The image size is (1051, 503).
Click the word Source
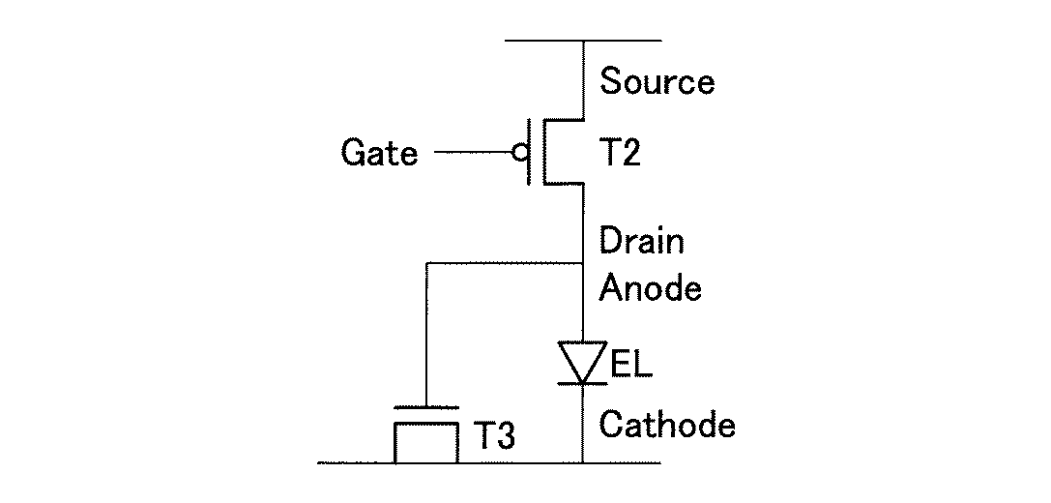(657, 81)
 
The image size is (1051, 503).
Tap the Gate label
(379, 153)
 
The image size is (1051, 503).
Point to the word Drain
(641, 241)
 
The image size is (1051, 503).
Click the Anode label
(650, 288)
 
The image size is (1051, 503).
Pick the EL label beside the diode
(630, 367)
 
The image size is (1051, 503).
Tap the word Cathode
(667, 425)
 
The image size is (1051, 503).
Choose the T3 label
(495, 436)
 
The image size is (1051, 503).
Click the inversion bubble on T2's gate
(520, 153)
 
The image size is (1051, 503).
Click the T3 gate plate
(426, 407)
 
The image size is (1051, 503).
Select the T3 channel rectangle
(426, 443)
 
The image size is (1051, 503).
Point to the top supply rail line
(583, 41)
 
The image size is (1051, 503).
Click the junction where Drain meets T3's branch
(582, 263)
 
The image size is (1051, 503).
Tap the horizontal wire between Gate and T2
(474, 153)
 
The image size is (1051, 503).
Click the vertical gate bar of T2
(530, 152)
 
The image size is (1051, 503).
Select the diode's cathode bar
(582, 384)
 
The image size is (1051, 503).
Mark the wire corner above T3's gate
(426, 263)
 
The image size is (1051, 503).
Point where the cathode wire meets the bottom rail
(582, 462)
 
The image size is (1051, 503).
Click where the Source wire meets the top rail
(583, 41)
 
